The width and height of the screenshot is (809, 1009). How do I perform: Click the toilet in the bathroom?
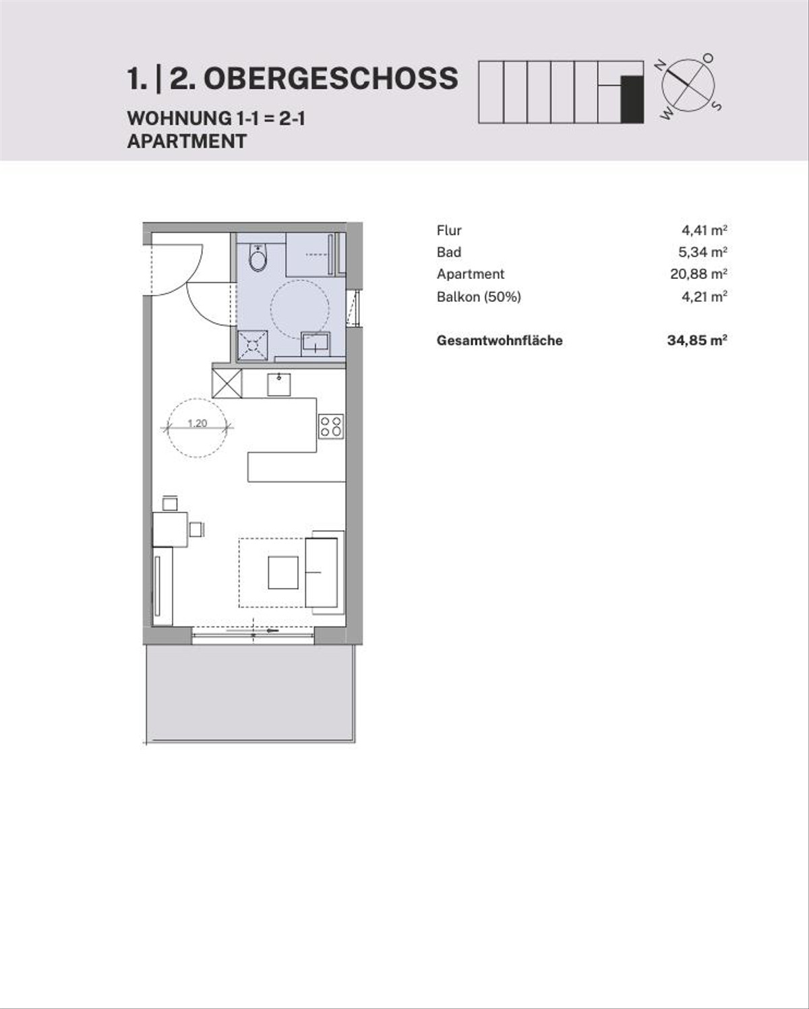258,257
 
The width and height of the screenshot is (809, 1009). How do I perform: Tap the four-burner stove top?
331,426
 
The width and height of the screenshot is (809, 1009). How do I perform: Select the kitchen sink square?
278,385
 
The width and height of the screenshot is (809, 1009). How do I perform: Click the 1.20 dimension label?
197,423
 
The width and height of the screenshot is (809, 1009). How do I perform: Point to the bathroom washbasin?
316,344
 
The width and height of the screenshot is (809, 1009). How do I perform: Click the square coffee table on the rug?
283,572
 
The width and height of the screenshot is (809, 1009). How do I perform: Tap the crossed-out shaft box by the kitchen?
227,383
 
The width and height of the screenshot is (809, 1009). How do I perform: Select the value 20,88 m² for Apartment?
698,274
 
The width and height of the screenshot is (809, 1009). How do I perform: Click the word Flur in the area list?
449,230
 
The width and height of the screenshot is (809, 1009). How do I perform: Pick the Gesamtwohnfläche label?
500,340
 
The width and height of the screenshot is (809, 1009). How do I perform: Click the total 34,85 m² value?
697,340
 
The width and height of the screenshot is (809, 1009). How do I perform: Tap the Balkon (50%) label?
479,297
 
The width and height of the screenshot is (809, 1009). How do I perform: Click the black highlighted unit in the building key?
632,99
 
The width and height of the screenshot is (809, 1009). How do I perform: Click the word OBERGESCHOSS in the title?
331,78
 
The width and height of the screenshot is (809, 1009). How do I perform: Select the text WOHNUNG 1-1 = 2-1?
216,118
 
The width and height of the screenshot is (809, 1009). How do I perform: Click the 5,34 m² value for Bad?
702,252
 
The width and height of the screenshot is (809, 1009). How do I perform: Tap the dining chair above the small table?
170,502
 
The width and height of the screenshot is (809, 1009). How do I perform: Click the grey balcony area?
251,693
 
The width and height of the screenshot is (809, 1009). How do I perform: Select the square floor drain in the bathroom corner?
253,346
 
